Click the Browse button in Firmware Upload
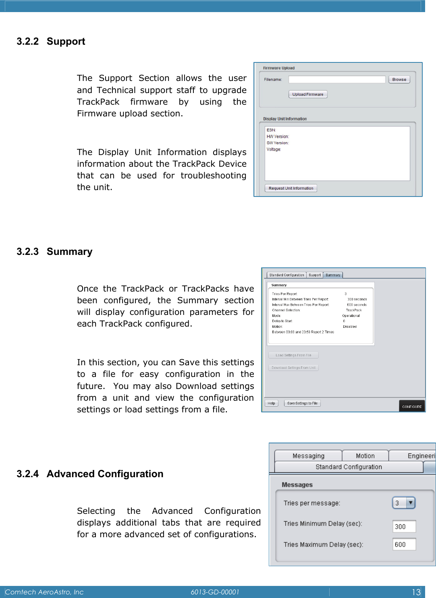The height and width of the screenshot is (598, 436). [x=399, y=79]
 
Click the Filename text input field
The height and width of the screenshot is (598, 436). [x=337, y=79]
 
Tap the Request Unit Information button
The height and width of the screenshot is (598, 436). [x=291, y=188]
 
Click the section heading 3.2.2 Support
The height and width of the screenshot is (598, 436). [x=51, y=41]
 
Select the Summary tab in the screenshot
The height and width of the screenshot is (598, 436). [x=333, y=275]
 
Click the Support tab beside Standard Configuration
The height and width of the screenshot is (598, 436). [x=315, y=275]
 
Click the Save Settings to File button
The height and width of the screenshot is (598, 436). [x=302, y=403]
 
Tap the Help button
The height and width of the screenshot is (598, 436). [x=271, y=403]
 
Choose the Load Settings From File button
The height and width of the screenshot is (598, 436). [x=293, y=355]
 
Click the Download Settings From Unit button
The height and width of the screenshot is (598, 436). [x=293, y=368]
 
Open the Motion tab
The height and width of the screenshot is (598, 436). [x=365, y=456]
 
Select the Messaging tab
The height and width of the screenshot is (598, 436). [x=308, y=456]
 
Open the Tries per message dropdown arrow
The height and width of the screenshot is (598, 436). [x=410, y=503]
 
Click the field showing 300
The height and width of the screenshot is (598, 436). [x=404, y=526]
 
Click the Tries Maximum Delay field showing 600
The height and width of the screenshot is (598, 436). [x=404, y=544]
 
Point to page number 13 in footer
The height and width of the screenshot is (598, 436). [x=416, y=592]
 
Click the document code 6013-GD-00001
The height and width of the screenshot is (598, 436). [x=215, y=592]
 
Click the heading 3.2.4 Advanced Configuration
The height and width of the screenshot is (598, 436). [x=90, y=474]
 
